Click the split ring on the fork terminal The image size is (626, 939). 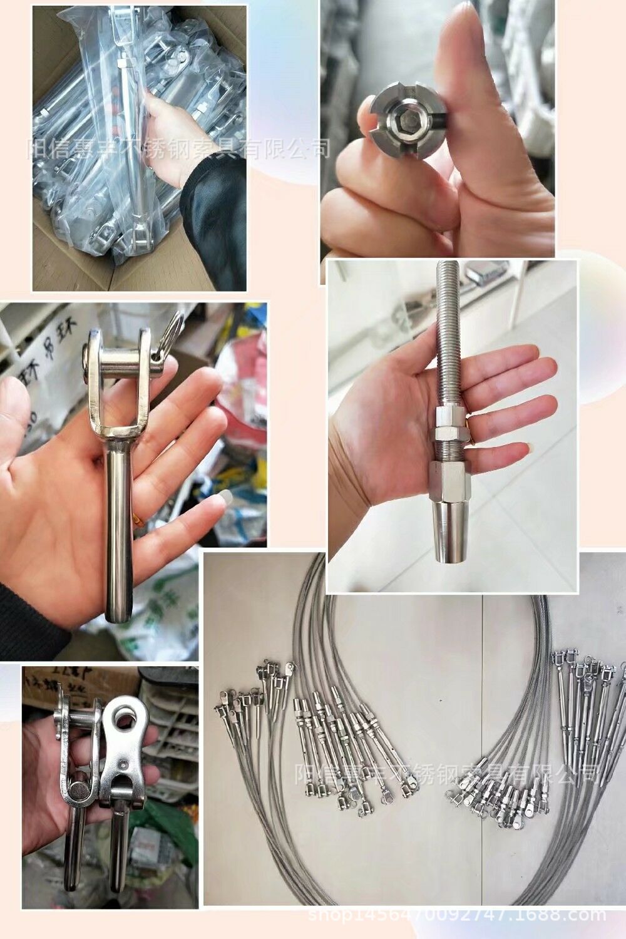coord(172,332)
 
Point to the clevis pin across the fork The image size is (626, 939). coord(122,361)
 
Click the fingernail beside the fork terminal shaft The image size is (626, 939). coord(216,501)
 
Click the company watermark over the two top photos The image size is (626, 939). coord(178,149)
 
